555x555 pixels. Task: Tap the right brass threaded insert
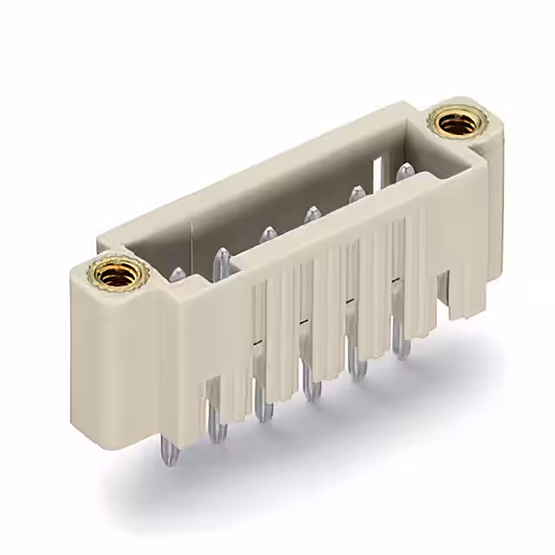pyautogui.click(x=457, y=123)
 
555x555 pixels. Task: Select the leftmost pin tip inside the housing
pyautogui.click(x=177, y=276)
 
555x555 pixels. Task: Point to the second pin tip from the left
pyautogui.click(x=222, y=256)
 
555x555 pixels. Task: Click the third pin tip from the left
pyautogui.click(x=268, y=234)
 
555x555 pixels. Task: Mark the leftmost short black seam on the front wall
pyautogui.click(x=256, y=344)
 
